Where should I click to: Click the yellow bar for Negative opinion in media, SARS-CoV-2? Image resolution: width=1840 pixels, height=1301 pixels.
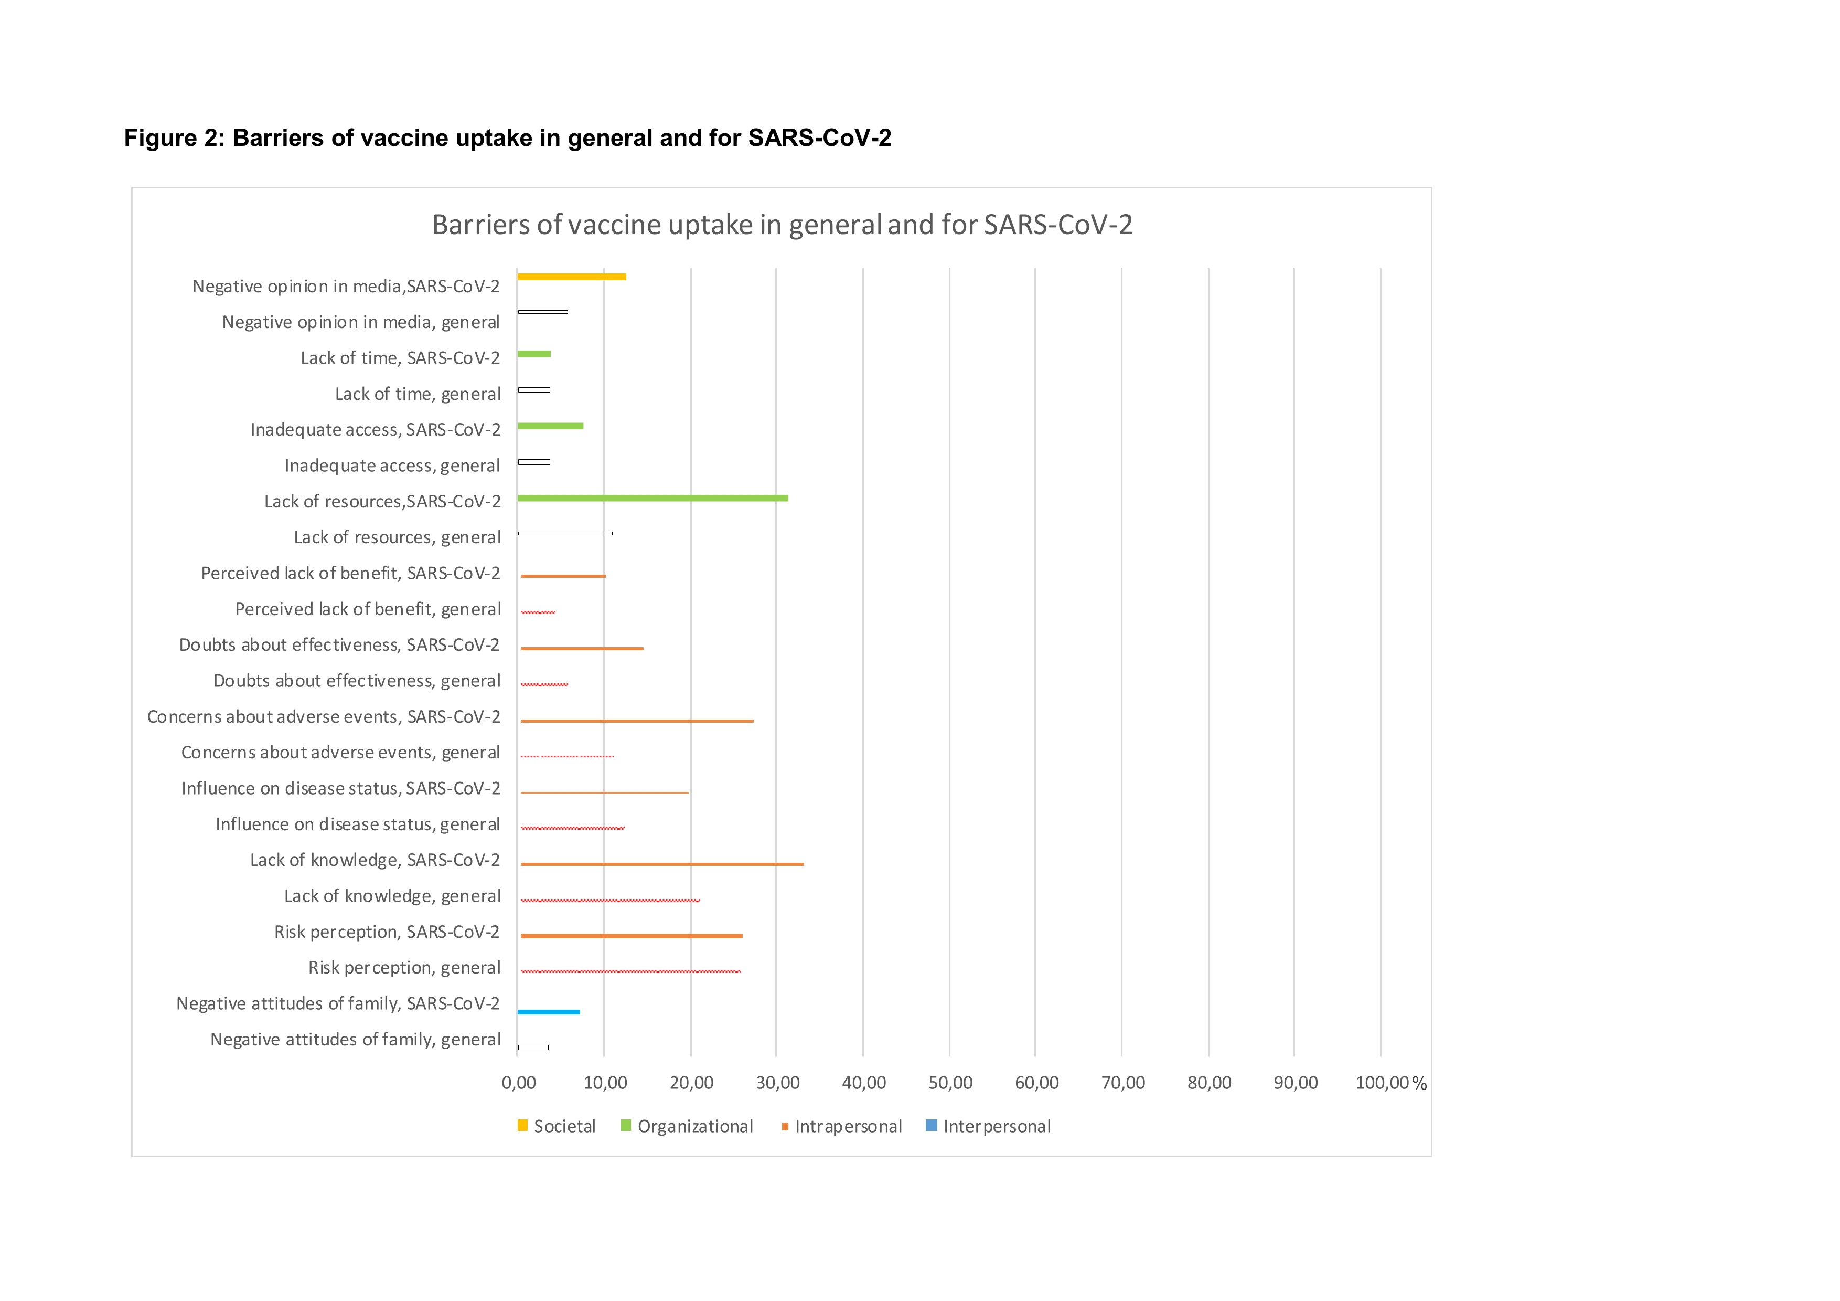click(x=571, y=277)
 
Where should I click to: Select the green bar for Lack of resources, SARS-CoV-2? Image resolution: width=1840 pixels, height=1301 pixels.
click(x=652, y=499)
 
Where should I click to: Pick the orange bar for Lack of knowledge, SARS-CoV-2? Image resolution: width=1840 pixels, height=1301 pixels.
click(x=662, y=864)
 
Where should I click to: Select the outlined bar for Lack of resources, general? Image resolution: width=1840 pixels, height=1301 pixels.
click(x=565, y=533)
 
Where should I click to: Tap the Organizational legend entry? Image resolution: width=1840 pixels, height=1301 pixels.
click(x=688, y=1126)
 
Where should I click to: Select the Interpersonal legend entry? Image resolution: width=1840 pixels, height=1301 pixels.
click(x=988, y=1126)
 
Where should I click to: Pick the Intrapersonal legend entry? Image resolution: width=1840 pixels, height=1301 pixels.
click(x=841, y=1126)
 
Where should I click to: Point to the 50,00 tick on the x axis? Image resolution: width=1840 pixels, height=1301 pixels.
click(x=950, y=1083)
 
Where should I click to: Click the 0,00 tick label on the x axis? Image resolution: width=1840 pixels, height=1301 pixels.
click(x=519, y=1083)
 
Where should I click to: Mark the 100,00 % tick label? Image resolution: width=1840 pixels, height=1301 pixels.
click(x=1390, y=1083)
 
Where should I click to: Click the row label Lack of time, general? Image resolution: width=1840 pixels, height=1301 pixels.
click(x=418, y=394)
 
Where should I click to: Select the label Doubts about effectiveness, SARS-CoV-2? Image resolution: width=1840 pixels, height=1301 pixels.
click(x=339, y=644)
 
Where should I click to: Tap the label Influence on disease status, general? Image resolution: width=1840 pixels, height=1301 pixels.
click(x=357, y=824)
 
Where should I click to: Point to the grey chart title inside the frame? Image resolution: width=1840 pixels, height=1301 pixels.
click(x=782, y=225)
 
